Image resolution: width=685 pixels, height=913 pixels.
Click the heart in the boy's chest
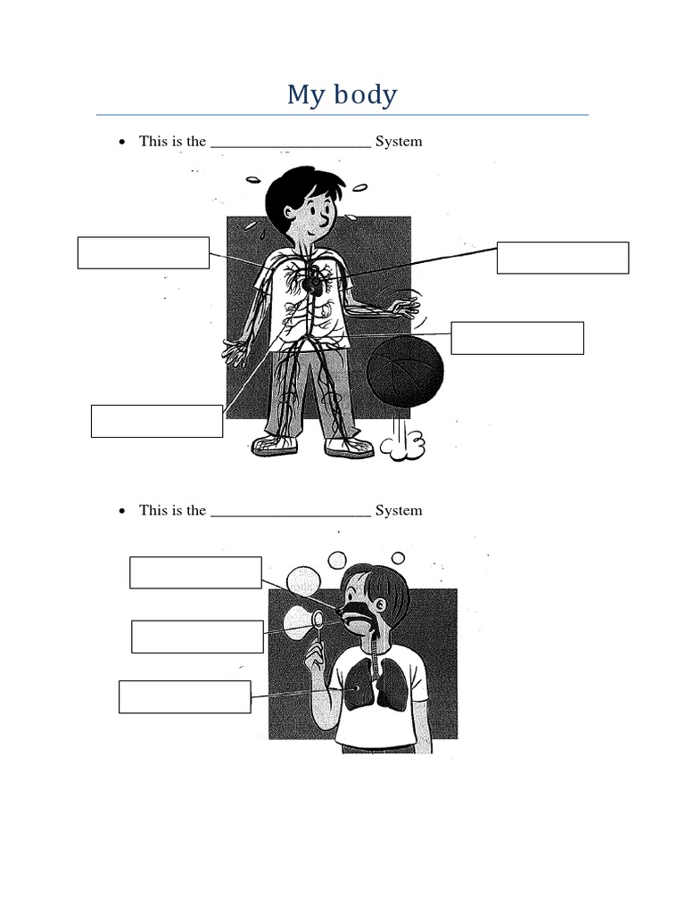click(312, 284)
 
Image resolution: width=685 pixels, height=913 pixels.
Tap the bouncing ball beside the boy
click(404, 374)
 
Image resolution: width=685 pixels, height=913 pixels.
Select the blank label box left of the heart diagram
click(144, 252)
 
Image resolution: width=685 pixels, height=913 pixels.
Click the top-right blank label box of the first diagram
click(563, 258)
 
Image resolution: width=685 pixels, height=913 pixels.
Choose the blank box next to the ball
click(517, 338)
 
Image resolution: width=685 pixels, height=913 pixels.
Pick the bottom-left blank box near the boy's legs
click(157, 421)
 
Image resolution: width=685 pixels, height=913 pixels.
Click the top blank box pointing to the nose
click(195, 572)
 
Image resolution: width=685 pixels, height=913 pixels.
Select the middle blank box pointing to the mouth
click(197, 637)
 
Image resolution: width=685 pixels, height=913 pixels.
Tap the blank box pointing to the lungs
click(185, 696)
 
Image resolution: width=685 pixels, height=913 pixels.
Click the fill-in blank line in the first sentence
click(291, 143)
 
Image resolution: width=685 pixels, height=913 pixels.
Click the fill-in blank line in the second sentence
click(291, 512)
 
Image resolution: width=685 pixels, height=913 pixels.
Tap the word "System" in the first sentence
click(399, 141)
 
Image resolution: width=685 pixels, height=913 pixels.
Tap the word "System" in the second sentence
click(399, 510)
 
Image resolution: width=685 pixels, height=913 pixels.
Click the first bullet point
click(121, 142)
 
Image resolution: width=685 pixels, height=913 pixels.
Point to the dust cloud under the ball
click(407, 444)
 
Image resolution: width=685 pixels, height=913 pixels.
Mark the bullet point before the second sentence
click(121, 511)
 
